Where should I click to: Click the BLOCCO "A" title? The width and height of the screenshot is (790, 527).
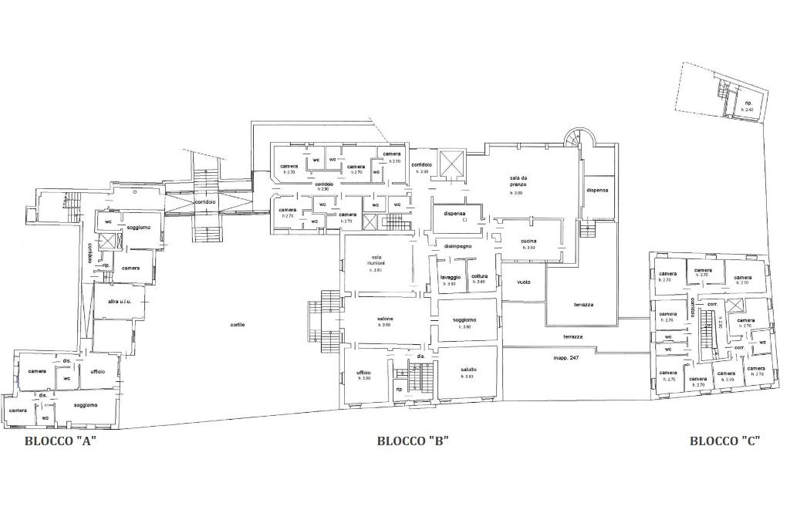(x=61, y=441)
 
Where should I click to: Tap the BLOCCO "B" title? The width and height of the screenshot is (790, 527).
(x=413, y=441)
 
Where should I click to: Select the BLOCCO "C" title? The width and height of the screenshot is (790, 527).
(x=724, y=441)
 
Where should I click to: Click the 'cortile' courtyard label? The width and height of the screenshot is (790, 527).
(x=238, y=325)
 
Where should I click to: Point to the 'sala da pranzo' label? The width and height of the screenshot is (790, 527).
(x=518, y=182)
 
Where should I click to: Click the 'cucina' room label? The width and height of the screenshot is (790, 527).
(x=528, y=242)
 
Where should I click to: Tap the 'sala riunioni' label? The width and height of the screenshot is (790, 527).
(x=377, y=260)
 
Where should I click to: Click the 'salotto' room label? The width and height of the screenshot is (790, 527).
(x=468, y=370)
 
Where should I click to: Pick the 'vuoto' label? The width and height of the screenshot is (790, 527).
(x=524, y=282)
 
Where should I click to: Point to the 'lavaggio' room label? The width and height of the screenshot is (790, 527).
(x=451, y=277)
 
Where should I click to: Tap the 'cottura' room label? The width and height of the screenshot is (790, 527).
(x=480, y=277)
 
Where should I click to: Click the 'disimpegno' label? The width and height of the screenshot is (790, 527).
(x=457, y=246)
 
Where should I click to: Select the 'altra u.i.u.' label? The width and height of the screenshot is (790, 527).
(x=120, y=302)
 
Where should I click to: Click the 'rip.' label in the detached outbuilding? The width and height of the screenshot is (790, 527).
(x=748, y=103)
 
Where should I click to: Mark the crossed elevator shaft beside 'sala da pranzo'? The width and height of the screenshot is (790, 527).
(x=449, y=164)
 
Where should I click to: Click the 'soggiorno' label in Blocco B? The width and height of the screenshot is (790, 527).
(x=464, y=319)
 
